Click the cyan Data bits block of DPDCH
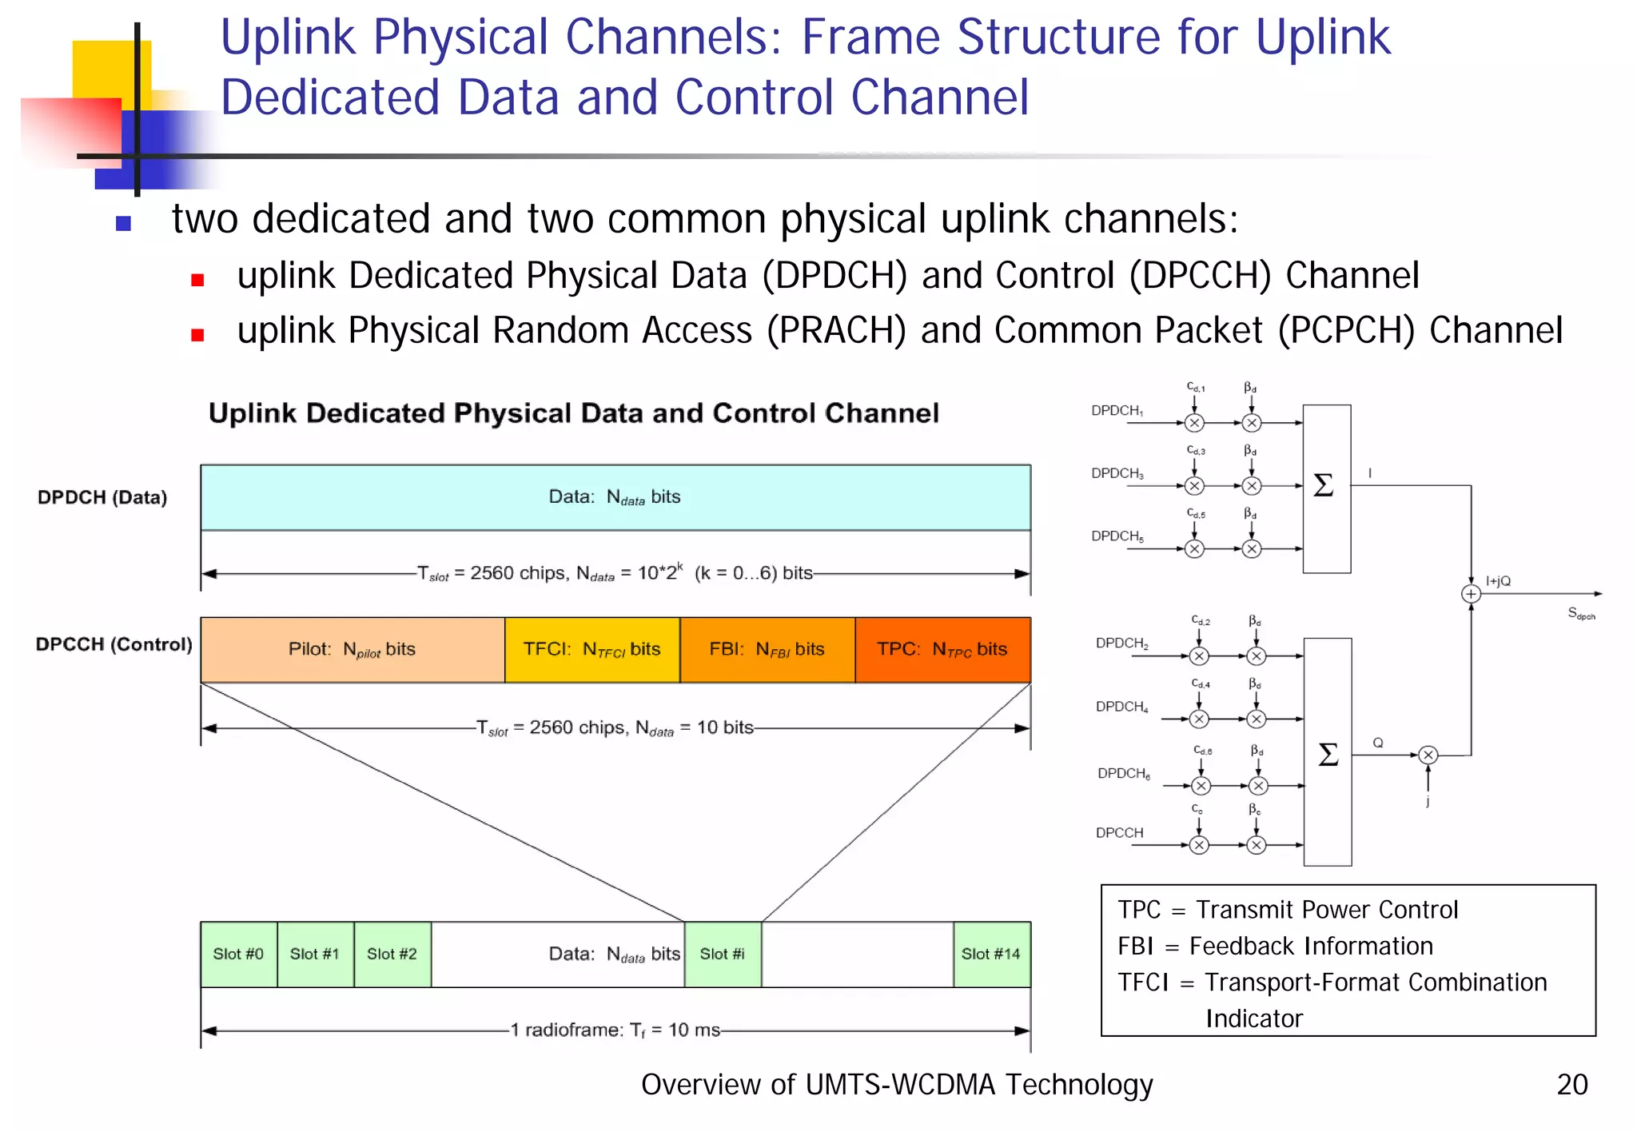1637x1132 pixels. pyautogui.click(x=615, y=497)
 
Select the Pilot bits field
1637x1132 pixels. pyautogui.click(x=352, y=649)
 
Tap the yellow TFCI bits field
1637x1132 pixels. pyautogui.click(x=591, y=649)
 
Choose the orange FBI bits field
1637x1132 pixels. pyautogui.click(x=767, y=649)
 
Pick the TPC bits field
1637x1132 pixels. pyautogui.click(x=942, y=649)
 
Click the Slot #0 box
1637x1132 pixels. pyautogui.click(x=238, y=954)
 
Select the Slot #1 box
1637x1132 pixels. pyautogui.click(x=315, y=954)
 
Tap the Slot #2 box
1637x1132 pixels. pyautogui.click(x=392, y=954)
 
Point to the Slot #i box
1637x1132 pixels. pyautogui.click(x=723, y=954)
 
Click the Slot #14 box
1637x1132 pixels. pyautogui.click(x=991, y=954)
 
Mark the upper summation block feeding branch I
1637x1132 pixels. pyautogui.click(x=1326, y=488)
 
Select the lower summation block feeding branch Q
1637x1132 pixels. pyautogui.click(x=1328, y=752)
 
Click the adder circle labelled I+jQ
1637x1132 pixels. pyautogui.click(x=1471, y=594)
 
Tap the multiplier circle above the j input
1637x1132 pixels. pyautogui.click(x=1428, y=755)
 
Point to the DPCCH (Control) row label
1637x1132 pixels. pyautogui.click(x=114, y=644)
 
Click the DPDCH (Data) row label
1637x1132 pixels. pyautogui.click(x=102, y=497)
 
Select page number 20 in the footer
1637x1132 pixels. pyautogui.click(x=1571, y=1085)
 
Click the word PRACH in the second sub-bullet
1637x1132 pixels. pyautogui.click(x=836, y=331)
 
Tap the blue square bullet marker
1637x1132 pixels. pyautogui.click(x=123, y=223)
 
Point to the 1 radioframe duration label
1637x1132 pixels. pyautogui.click(x=615, y=1030)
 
